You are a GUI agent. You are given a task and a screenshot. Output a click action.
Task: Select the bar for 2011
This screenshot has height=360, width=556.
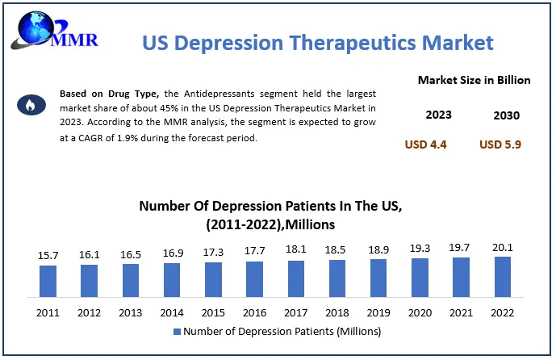[x=48, y=280]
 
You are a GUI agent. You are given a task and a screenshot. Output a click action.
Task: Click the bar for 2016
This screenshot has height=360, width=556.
[x=255, y=278]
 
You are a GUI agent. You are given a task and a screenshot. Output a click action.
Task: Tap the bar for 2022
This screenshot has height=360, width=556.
[x=503, y=275]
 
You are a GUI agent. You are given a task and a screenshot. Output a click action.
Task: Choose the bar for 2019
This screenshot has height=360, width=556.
[x=378, y=277]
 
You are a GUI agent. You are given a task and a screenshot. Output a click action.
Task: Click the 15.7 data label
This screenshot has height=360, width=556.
[x=48, y=256]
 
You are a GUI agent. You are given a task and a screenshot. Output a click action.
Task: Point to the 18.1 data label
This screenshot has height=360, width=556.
[x=296, y=249]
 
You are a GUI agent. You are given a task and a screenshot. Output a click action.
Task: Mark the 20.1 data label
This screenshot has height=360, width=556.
[x=503, y=246]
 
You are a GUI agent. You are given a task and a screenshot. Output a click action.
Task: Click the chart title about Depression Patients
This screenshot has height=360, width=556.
[x=271, y=215]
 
